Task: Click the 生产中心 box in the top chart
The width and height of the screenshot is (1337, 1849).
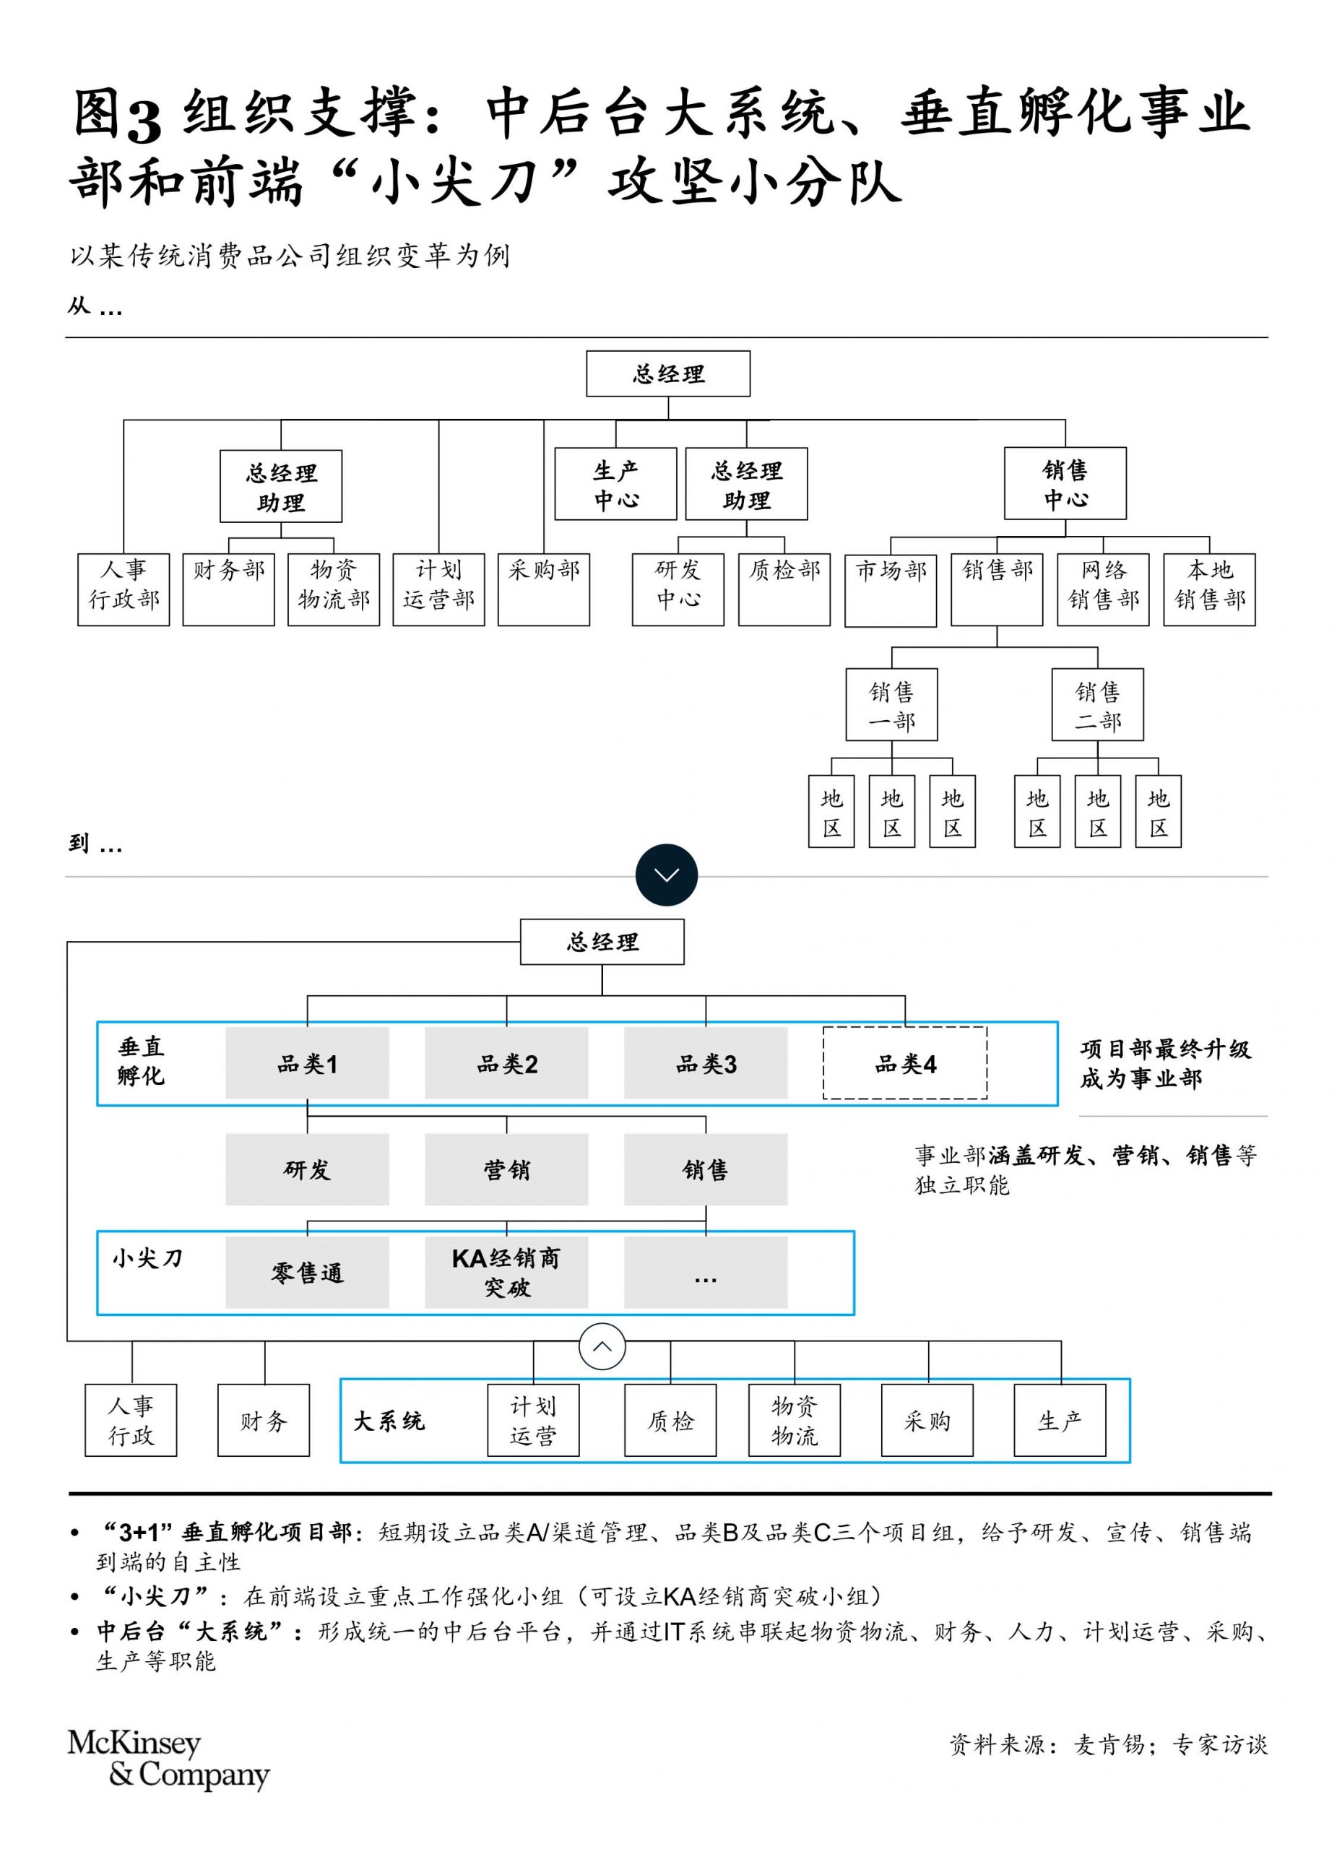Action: tap(615, 483)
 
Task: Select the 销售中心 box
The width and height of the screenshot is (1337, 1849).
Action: tap(1065, 482)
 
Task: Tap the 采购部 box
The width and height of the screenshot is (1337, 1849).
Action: tap(544, 589)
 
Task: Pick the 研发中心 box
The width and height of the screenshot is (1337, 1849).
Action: tap(678, 589)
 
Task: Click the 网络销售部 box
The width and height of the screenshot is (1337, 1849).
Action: tap(1103, 589)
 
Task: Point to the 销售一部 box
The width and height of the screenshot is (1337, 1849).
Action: tap(892, 704)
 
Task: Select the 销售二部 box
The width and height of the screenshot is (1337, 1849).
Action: tap(1097, 704)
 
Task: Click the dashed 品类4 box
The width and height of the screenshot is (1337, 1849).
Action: tap(905, 1063)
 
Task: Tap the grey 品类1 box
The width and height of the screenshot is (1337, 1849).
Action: tap(308, 1063)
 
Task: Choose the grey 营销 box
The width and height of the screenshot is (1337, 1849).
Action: tap(506, 1169)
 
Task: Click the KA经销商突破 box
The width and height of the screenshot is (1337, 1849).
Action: tap(506, 1273)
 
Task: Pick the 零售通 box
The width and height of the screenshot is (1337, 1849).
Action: tap(308, 1273)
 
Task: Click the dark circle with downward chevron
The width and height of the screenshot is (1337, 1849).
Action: tap(667, 875)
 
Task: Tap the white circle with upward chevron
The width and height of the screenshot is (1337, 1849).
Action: tap(602, 1346)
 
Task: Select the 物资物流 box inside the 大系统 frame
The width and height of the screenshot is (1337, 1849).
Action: tap(795, 1420)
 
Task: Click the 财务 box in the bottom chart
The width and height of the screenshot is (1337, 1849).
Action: tap(264, 1420)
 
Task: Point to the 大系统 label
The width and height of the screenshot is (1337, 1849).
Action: tap(389, 1421)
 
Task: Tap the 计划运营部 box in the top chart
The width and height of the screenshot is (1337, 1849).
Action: tap(438, 589)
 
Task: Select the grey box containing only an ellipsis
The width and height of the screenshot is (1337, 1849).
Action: tap(706, 1273)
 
